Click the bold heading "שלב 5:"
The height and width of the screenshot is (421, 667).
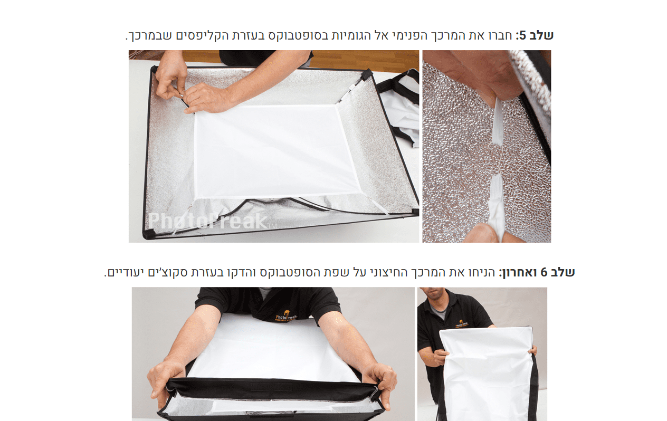tap(534, 35)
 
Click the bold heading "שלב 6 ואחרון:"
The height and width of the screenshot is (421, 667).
tap(537, 272)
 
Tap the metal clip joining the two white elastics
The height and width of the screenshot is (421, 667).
tap(495, 159)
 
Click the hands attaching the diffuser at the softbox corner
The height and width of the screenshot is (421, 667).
tap(194, 87)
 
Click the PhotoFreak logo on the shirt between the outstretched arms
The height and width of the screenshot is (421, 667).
tap(285, 316)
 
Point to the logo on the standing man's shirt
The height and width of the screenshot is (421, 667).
tap(462, 324)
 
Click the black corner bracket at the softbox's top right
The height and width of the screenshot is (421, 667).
tap(367, 74)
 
